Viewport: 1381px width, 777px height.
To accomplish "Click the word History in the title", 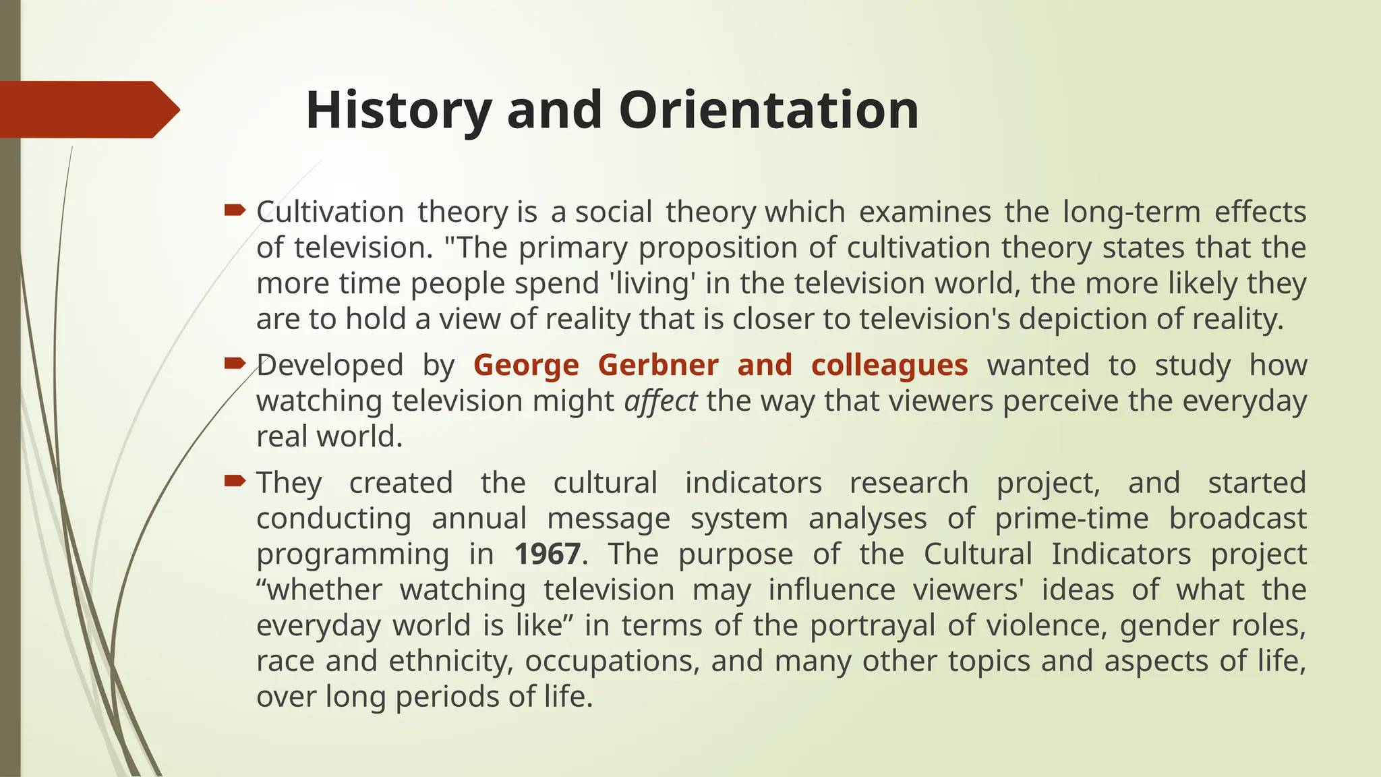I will coord(398,110).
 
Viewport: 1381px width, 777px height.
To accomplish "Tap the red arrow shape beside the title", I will coord(88,109).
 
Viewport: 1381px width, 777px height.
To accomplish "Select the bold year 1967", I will coord(547,554).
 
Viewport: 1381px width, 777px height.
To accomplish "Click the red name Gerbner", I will coord(658,365).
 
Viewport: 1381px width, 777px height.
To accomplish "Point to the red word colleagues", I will coord(889,365).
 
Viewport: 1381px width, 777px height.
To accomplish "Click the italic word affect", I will coord(660,401).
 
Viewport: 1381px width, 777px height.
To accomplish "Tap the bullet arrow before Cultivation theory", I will coord(234,210).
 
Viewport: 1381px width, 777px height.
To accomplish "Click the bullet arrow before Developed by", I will coord(234,364).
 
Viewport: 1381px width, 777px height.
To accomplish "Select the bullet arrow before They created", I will coord(234,481).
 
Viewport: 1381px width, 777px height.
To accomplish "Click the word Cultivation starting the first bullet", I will coord(329,212).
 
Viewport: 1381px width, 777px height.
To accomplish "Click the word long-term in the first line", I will coord(1132,212).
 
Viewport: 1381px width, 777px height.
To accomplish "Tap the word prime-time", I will coord(1071,519).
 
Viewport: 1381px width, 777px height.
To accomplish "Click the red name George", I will coord(526,365).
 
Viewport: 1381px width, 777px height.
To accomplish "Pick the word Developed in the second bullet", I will coord(330,365).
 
